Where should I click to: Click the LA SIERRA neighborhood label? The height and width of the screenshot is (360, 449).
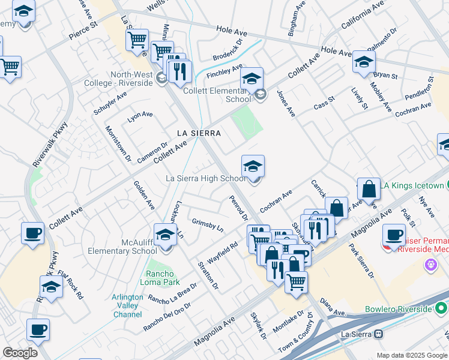pos(199,133)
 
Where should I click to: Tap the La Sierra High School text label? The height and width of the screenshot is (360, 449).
pos(206,178)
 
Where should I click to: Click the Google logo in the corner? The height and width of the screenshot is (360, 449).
pos(20,352)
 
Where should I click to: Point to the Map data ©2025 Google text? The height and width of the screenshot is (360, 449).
pos(411,355)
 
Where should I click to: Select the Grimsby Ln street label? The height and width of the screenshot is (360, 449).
pos(207,226)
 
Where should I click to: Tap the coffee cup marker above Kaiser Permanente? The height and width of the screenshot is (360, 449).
pos(394,235)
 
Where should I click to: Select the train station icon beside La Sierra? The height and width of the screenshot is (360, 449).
pos(379,334)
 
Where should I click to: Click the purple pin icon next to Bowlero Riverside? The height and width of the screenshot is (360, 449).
pos(430,263)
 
